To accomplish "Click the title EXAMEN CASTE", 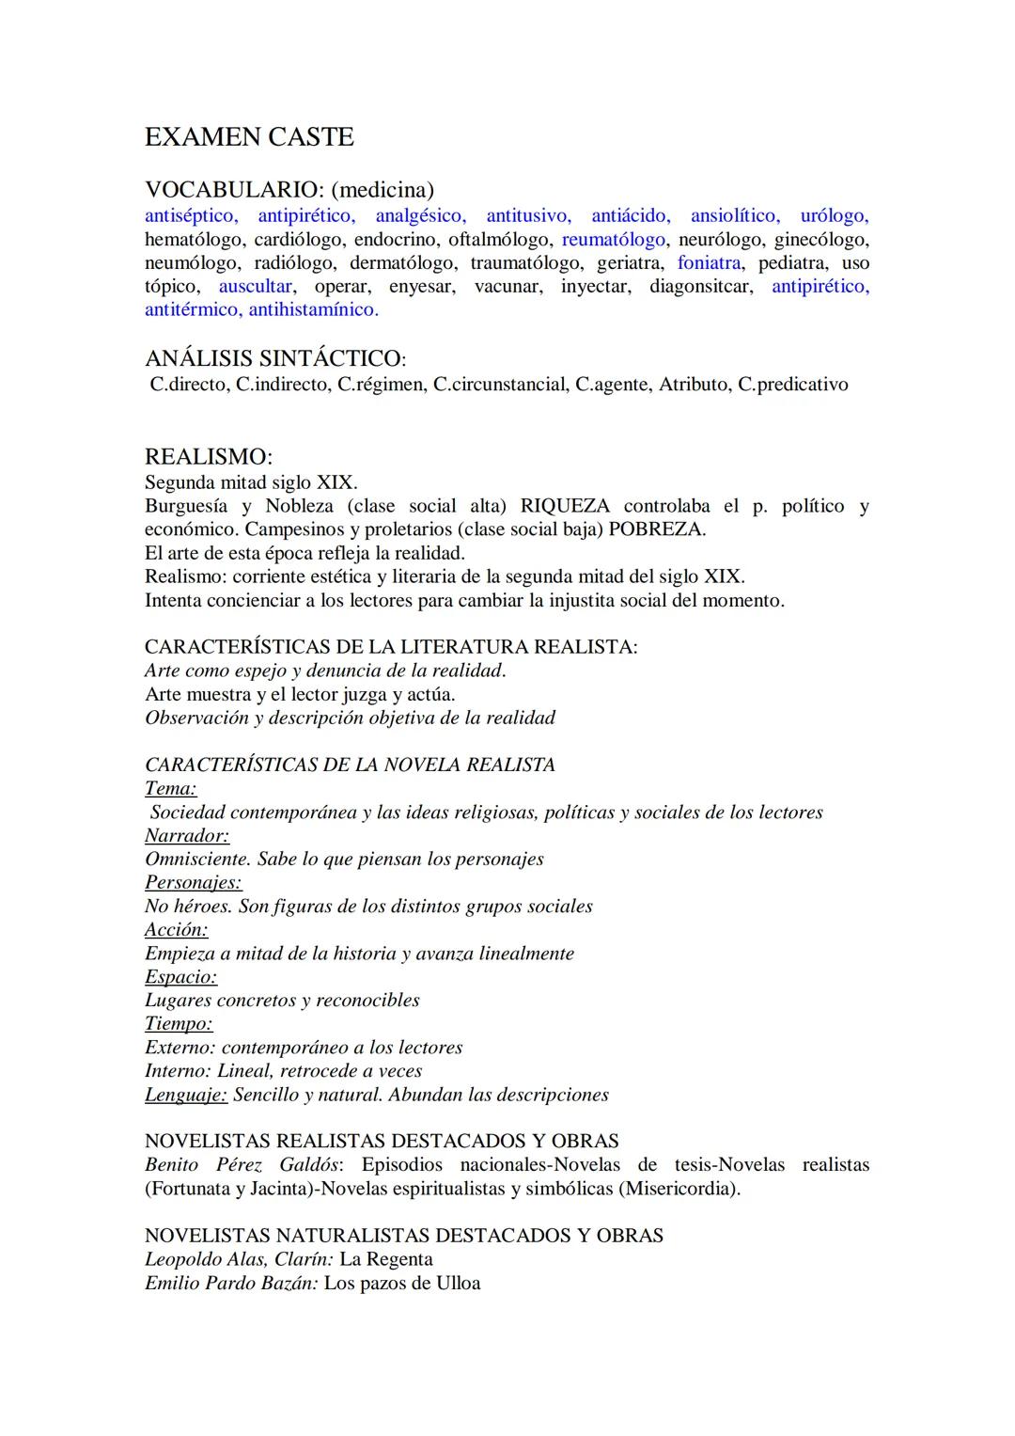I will [x=249, y=137].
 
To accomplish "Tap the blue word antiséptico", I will [x=191, y=216].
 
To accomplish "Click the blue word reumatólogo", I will [x=613, y=240].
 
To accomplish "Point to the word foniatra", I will [x=709, y=263].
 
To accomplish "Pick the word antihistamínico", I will [x=313, y=309].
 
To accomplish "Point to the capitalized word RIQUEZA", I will [x=564, y=506].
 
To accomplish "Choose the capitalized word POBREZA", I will [x=657, y=529].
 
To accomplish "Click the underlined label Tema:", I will [x=170, y=789].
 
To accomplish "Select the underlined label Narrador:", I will [x=187, y=836].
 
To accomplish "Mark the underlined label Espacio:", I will [x=180, y=977].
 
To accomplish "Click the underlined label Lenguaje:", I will [x=186, y=1095].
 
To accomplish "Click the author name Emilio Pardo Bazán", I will [x=230, y=1283].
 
